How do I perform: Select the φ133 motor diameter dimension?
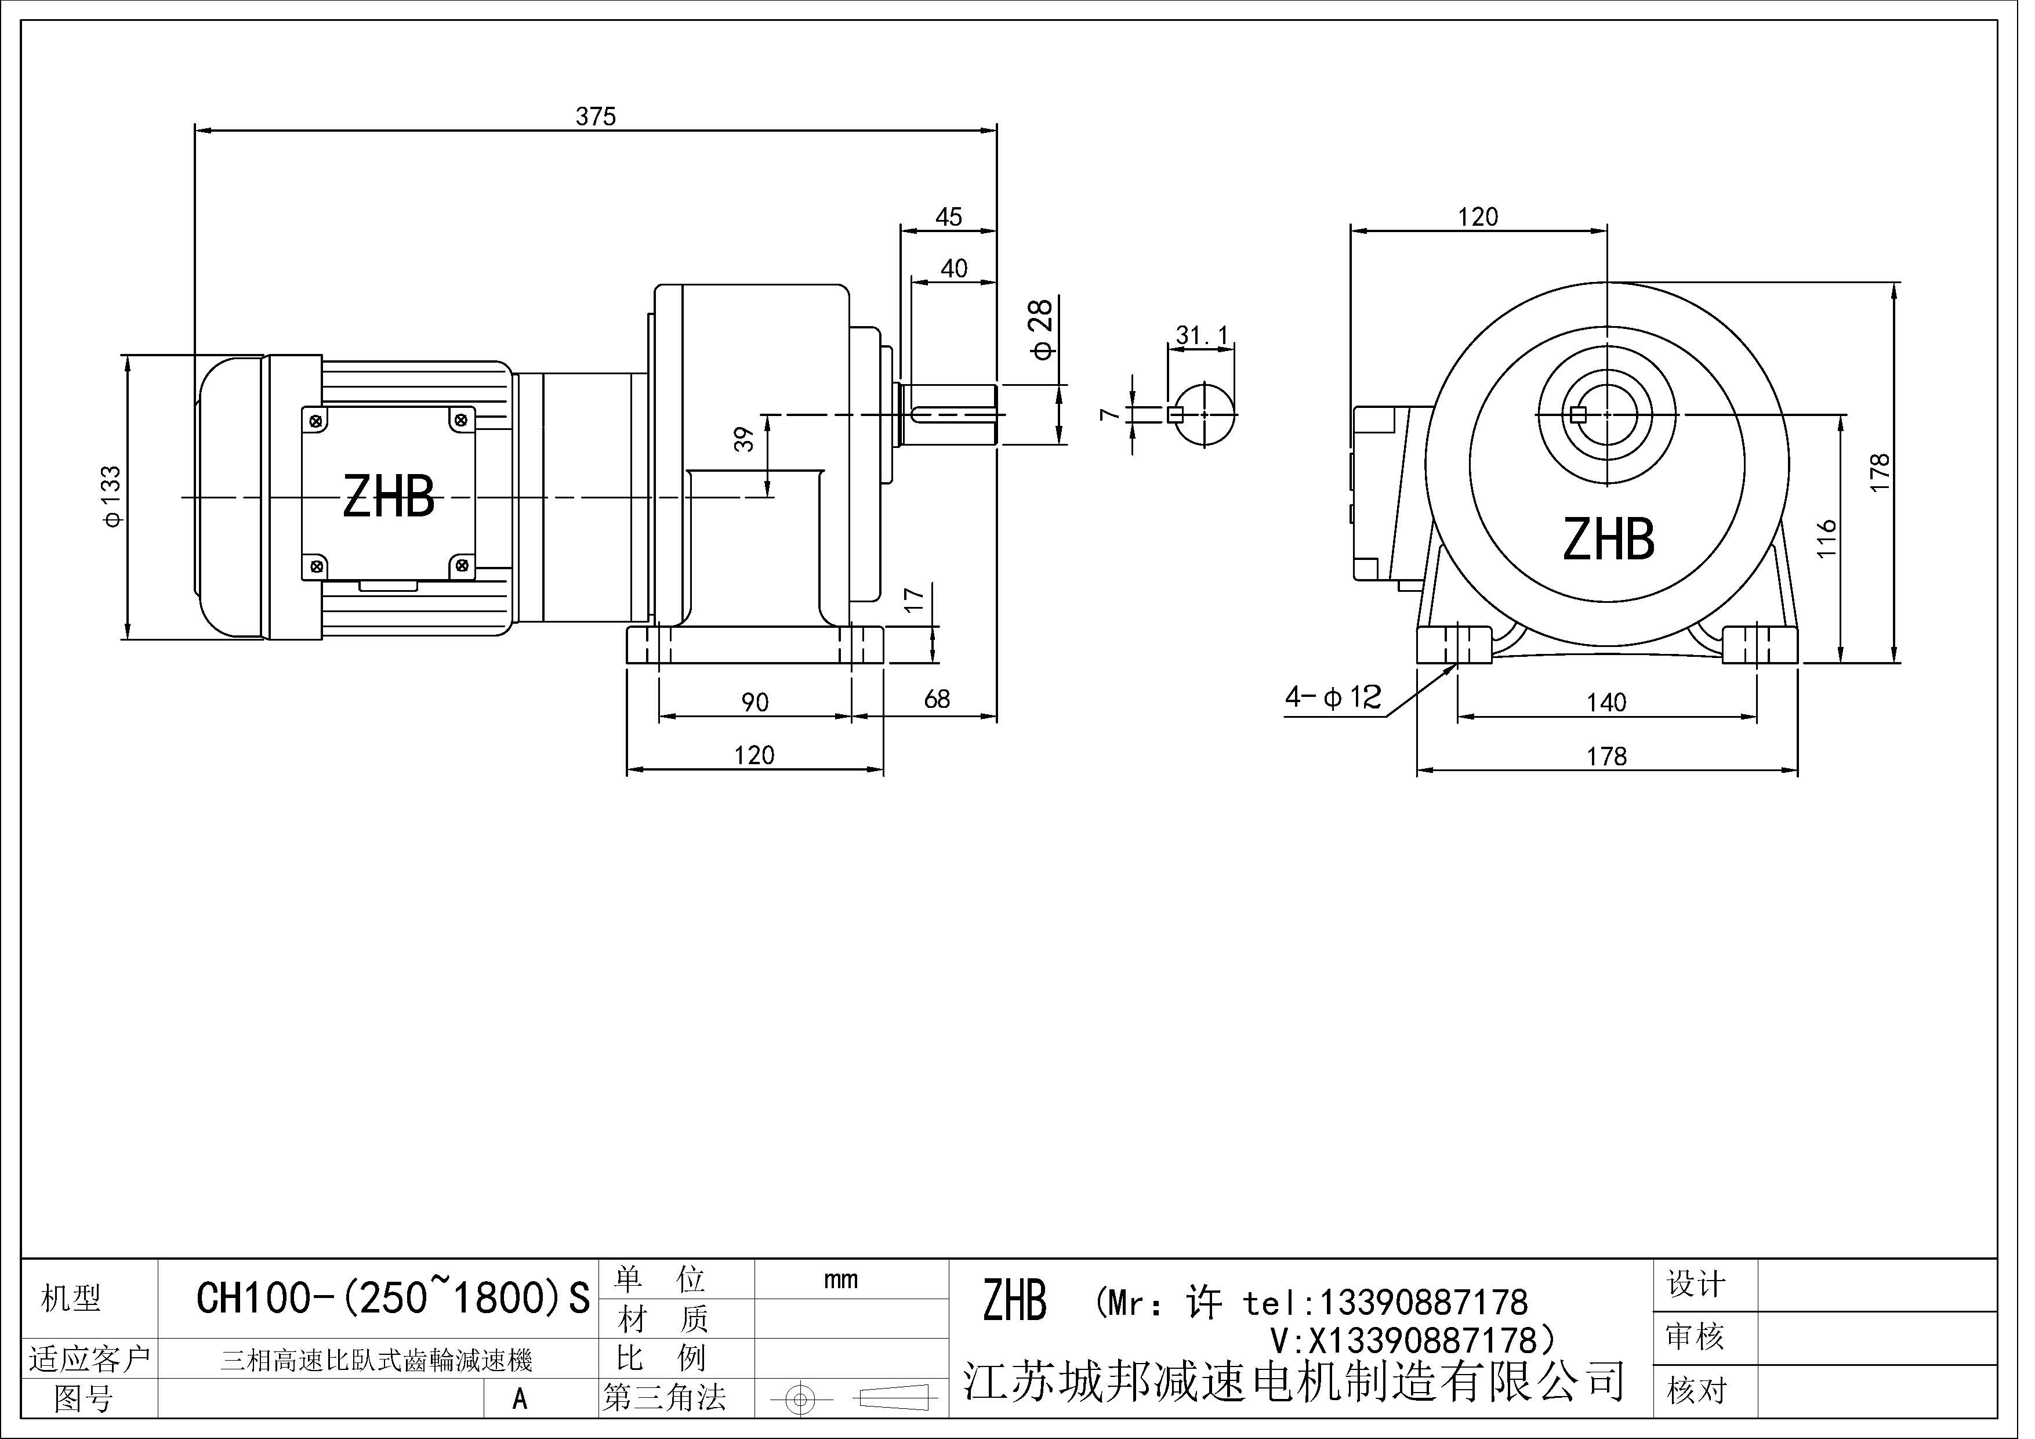click(x=113, y=497)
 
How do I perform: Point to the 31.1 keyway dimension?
click(x=1202, y=336)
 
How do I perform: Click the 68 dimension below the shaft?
click(x=937, y=700)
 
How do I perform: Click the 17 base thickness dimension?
click(x=914, y=599)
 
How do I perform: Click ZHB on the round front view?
click(x=1608, y=539)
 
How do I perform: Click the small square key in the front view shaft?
click(x=1577, y=414)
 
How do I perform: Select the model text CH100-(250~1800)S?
click(x=392, y=1299)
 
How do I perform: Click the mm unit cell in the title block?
click(x=840, y=1279)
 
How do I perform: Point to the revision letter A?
click(x=520, y=1398)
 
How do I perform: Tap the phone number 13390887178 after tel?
click(x=1423, y=1303)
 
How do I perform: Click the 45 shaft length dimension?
click(x=948, y=217)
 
